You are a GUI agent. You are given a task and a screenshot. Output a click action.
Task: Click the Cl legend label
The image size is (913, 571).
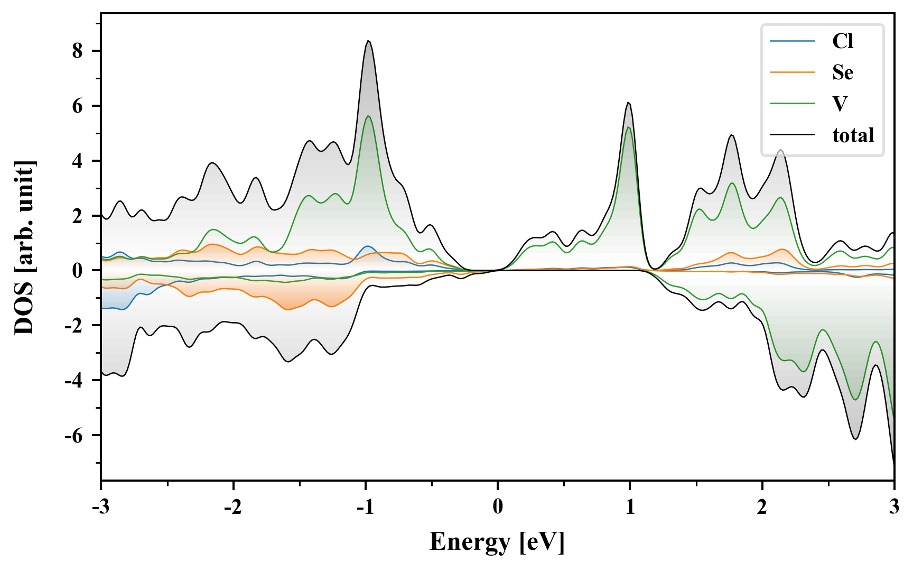click(842, 41)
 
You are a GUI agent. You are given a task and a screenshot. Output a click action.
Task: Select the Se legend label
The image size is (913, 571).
click(842, 72)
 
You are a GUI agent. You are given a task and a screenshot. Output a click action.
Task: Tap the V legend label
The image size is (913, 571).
click(840, 104)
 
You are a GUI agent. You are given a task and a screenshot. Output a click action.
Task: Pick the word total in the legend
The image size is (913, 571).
click(853, 135)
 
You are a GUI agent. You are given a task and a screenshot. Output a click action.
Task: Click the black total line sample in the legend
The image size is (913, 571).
click(792, 135)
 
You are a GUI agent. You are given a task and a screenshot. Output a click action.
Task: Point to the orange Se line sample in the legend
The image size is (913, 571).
click(792, 72)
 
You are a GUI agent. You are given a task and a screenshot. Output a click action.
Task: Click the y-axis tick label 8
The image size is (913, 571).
click(78, 51)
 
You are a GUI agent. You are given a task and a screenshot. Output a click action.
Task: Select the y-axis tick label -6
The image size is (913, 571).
click(75, 436)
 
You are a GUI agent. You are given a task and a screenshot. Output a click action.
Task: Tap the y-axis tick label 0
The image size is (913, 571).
click(78, 271)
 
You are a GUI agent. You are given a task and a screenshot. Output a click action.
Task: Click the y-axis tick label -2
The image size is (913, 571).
click(75, 326)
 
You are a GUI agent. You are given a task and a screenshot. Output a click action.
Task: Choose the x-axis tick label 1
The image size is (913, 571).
click(630, 507)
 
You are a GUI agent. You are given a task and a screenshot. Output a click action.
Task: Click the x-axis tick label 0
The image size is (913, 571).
click(498, 507)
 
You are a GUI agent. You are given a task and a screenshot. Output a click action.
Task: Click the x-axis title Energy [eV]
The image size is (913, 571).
click(497, 542)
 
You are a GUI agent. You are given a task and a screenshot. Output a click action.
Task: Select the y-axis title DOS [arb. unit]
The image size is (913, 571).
click(24, 247)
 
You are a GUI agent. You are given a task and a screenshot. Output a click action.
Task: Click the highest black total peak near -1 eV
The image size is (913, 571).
click(368, 41)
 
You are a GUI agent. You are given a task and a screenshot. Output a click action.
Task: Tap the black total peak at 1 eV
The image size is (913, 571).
click(628, 103)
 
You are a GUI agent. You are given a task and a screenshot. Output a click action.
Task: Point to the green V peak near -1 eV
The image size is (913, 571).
click(368, 116)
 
